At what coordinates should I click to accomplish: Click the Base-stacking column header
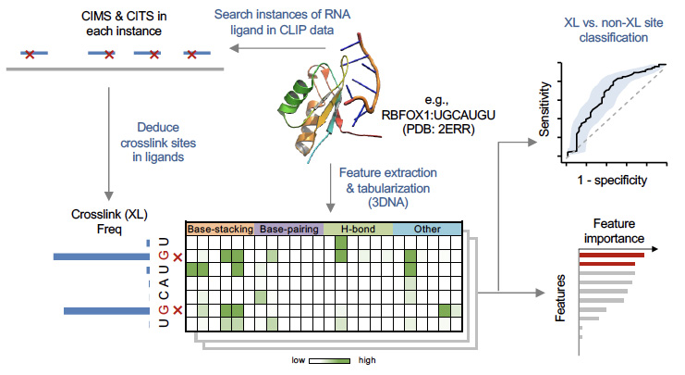(x=220, y=228)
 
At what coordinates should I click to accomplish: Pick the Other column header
(x=427, y=228)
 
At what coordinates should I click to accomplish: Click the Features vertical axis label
(x=560, y=297)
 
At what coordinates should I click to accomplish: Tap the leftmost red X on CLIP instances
(x=29, y=56)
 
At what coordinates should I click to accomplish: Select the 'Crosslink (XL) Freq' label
(x=97, y=220)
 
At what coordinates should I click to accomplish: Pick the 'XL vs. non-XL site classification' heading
(x=613, y=31)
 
